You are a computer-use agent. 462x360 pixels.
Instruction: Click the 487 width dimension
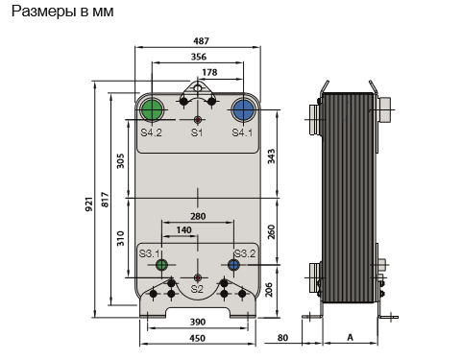(201, 41)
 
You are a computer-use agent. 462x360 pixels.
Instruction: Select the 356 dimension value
(199, 57)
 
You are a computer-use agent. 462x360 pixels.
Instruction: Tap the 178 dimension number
(209, 72)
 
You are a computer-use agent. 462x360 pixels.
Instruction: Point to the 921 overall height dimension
(89, 204)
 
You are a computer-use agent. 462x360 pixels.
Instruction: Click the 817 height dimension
(105, 200)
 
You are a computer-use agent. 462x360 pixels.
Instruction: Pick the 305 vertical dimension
(120, 161)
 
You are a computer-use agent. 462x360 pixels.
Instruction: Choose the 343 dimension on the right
(271, 156)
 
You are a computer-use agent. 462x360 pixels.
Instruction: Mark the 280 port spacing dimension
(198, 216)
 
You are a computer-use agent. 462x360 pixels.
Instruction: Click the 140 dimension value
(183, 229)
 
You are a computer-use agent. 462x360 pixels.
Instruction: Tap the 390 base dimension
(198, 322)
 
